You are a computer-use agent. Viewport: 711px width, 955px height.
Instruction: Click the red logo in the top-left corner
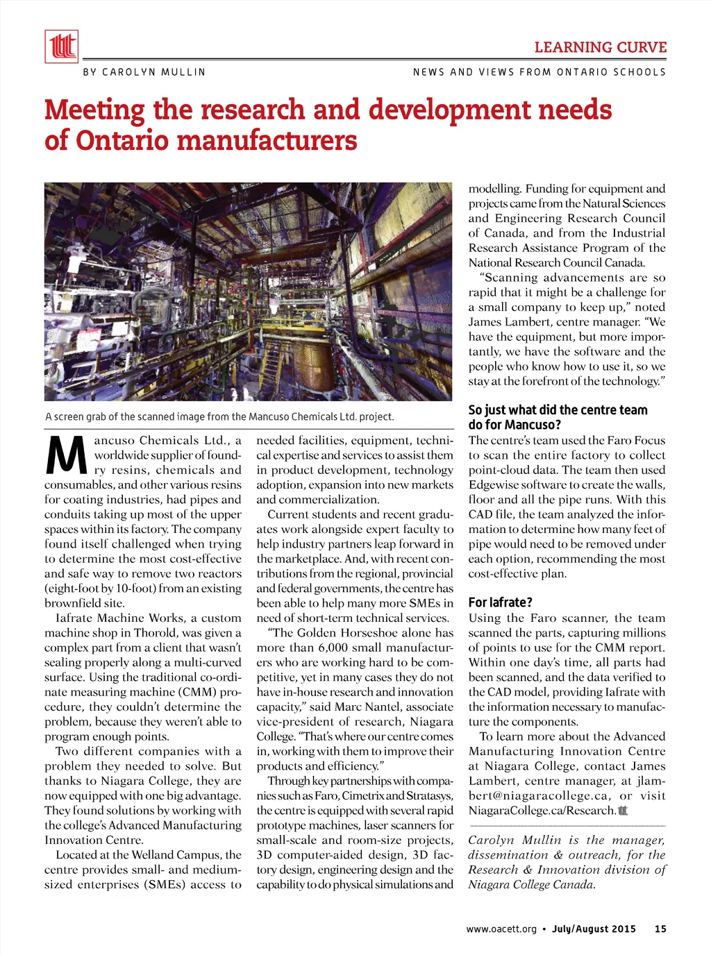click(x=61, y=47)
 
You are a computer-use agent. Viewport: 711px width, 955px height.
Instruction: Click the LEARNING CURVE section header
click(x=600, y=48)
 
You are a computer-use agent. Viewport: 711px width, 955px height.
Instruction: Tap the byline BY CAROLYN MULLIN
click(x=144, y=72)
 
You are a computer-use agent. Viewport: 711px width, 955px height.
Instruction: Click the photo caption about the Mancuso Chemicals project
click(x=219, y=417)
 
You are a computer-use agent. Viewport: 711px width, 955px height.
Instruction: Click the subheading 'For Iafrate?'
click(x=500, y=602)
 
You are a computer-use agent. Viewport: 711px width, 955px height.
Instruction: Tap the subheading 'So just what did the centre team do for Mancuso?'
click(x=558, y=417)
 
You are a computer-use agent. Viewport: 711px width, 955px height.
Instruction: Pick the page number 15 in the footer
click(x=660, y=929)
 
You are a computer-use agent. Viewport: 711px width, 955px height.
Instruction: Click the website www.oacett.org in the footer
click(x=501, y=929)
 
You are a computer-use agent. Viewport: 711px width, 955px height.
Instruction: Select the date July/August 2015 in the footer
click(x=594, y=929)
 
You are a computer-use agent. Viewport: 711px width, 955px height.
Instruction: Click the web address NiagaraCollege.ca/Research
click(x=541, y=811)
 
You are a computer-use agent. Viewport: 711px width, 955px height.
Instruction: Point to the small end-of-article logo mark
click(x=623, y=810)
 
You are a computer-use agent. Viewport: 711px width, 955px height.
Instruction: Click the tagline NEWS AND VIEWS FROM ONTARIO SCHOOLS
click(x=539, y=72)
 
